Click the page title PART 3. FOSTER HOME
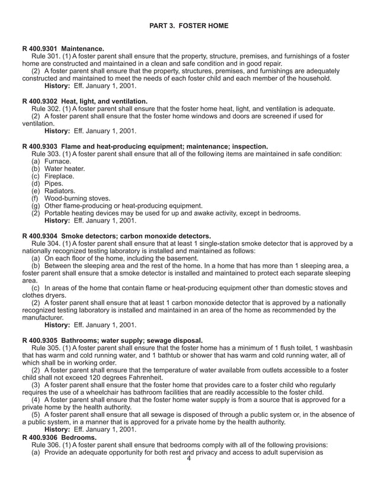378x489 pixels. pos(189,26)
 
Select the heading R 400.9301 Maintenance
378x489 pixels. pos(63,48)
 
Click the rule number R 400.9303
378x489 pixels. pos(41,146)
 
